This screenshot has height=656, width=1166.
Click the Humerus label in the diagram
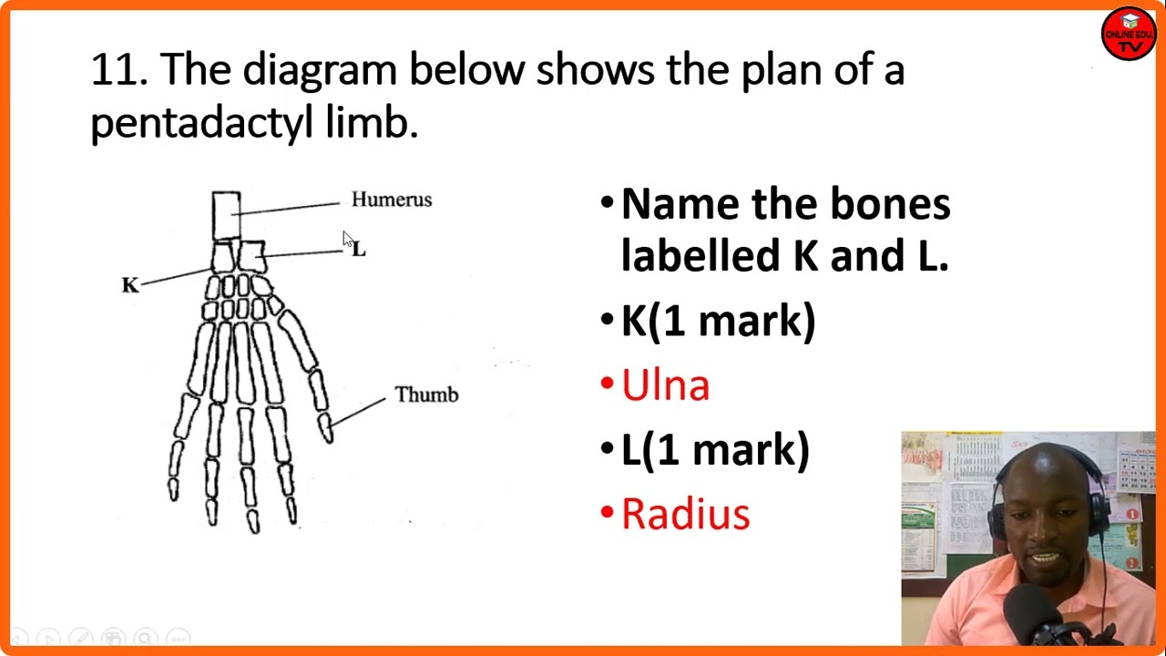click(392, 200)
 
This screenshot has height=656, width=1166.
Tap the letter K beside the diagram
click(130, 285)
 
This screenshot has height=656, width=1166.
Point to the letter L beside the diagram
click(359, 249)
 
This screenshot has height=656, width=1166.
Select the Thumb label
click(426, 395)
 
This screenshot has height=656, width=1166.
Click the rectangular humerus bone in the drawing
click(226, 215)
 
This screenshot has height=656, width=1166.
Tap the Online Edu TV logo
click(1129, 34)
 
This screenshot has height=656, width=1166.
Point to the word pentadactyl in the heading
click(201, 122)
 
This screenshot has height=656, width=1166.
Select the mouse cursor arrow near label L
click(348, 240)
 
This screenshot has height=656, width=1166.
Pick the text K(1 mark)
click(718, 322)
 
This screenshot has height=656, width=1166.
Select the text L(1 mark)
click(715, 450)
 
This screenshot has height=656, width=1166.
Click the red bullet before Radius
click(607, 514)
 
